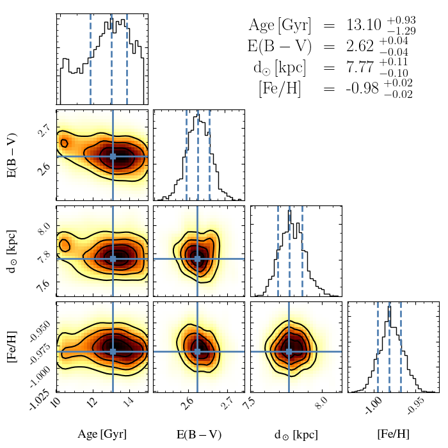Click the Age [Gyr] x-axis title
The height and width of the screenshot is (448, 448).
(x=102, y=435)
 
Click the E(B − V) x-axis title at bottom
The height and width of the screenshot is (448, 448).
(x=199, y=435)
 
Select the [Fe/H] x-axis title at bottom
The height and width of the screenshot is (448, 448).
(x=393, y=435)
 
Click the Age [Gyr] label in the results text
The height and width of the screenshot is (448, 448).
(x=280, y=26)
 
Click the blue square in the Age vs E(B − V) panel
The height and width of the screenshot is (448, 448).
(x=113, y=156)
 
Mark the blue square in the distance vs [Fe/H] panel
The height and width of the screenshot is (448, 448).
(x=289, y=351)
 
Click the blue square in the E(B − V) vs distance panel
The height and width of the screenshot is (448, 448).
(x=198, y=259)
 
